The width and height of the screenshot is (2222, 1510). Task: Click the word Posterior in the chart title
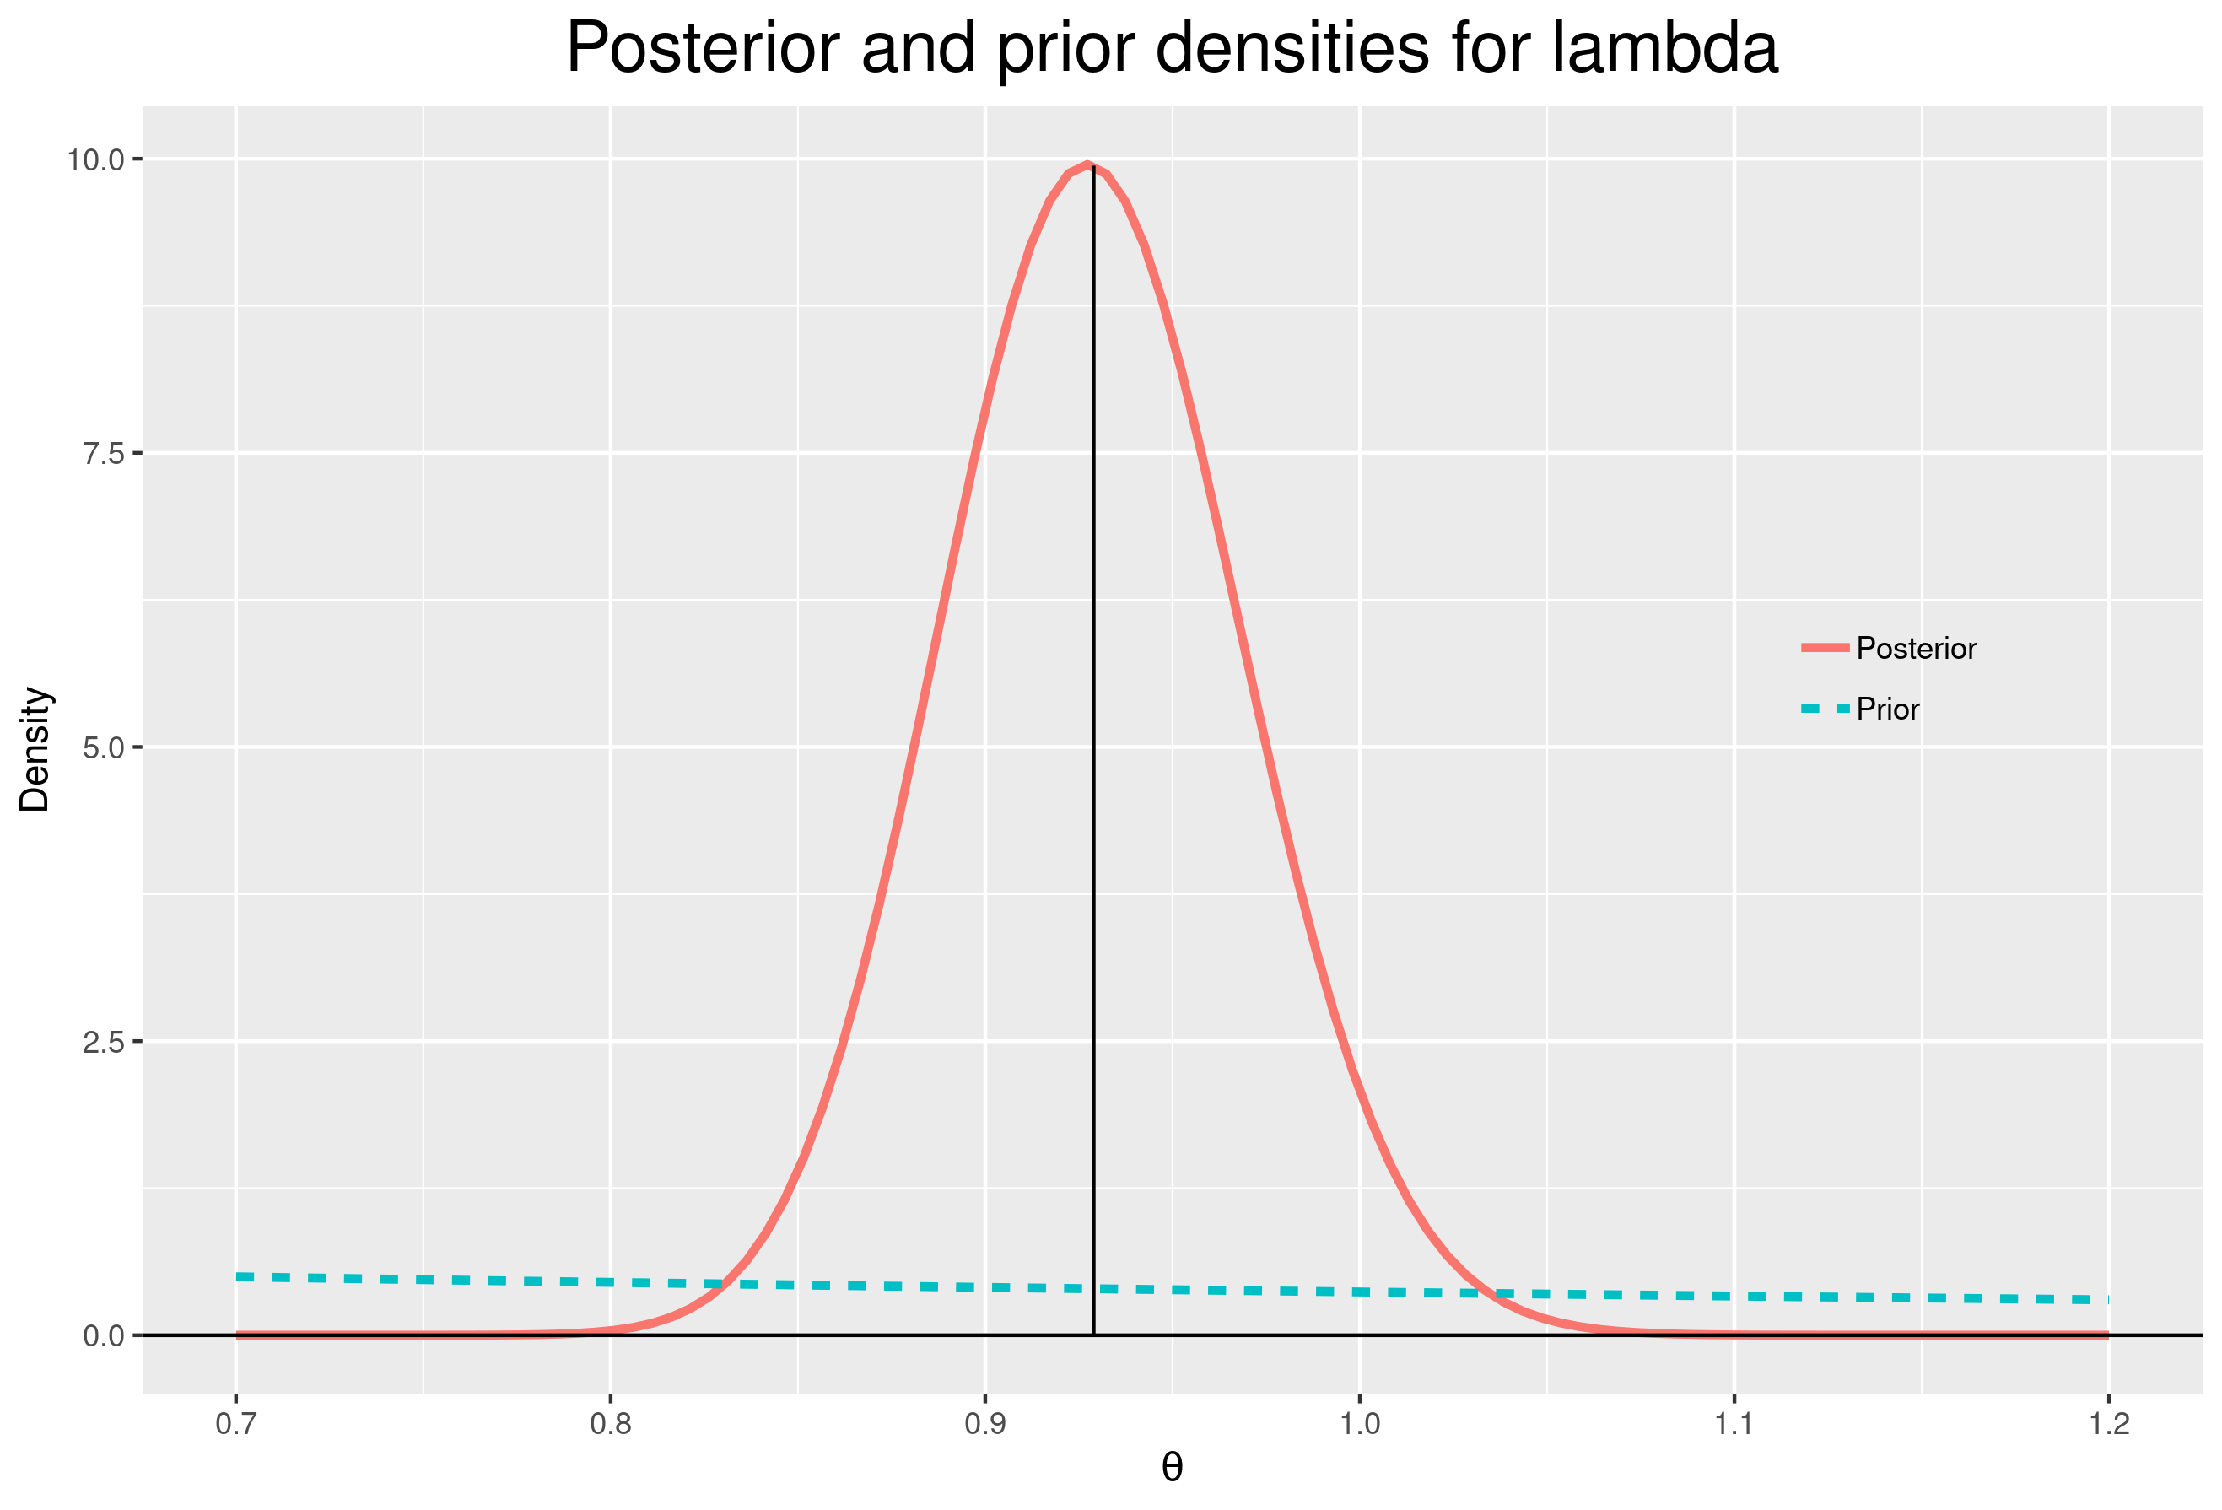pos(703,48)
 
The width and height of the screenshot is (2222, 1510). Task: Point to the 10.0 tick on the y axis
pos(96,159)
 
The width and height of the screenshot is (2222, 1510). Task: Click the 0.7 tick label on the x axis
pos(236,1424)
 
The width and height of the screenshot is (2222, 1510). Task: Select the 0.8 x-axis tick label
pos(611,1424)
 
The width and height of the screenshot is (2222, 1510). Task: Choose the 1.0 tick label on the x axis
pos(1360,1424)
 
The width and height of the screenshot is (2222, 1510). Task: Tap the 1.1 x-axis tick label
pos(1734,1424)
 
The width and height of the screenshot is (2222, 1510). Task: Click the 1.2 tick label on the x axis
pos(2108,1424)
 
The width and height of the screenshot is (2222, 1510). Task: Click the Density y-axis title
pos(35,749)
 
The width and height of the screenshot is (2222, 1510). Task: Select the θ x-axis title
pos(1173,1469)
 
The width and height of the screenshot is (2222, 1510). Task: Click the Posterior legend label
pos(1916,649)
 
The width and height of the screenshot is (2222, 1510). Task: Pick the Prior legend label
pos(1887,709)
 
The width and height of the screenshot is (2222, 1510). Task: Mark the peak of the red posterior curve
pos(1087,164)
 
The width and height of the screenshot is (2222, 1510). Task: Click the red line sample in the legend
pos(1826,649)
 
